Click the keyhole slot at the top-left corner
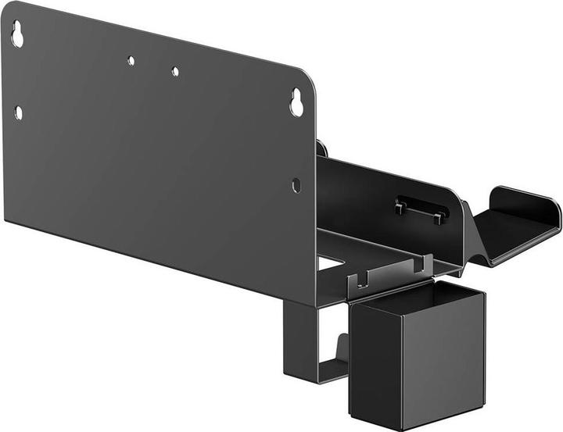coord(17,34)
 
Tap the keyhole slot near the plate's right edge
coord(296,104)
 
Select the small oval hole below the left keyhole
coord(18,112)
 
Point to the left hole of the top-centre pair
coord(131,60)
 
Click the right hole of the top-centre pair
coord(175,71)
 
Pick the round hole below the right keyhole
coord(296,185)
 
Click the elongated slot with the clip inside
coord(421,207)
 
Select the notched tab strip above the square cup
coord(391,271)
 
